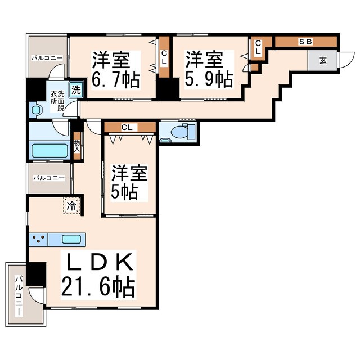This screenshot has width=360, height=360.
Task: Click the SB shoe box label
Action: [305, 42]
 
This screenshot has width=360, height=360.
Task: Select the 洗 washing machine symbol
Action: [76, 88]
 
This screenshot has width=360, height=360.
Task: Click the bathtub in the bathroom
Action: [49, 150]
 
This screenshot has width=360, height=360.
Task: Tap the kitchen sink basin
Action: [71, 240]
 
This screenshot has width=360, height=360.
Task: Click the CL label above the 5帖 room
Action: [127, 128]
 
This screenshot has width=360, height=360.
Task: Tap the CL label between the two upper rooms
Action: [164, 58]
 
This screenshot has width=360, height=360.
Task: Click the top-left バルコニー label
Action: [47, 57]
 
